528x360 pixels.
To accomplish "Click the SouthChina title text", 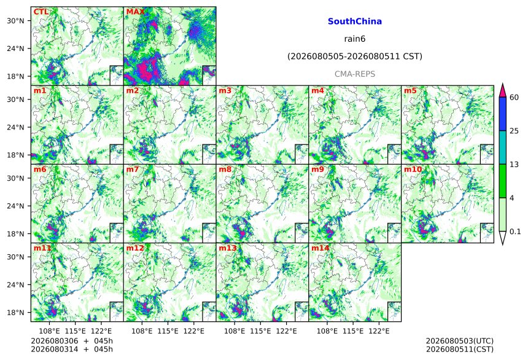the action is (355, 22).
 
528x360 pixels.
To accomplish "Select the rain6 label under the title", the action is (355, 39).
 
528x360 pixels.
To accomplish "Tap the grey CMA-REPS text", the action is (355, 74).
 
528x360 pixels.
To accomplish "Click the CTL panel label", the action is (41, 12).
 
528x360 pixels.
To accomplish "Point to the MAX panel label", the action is (135, 12).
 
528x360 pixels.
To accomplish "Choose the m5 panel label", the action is (410, 91).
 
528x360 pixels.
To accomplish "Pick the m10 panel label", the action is (413, 169).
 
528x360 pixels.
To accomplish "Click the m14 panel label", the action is (320, 248).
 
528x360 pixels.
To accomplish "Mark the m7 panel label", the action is (133, 169).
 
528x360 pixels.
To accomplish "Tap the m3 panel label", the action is (225, 91).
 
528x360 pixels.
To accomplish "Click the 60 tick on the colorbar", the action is (514, 98).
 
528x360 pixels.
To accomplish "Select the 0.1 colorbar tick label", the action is (515, 232).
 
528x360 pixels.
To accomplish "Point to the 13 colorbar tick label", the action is (514, 165).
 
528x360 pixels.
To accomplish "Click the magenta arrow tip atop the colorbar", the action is (503, 84).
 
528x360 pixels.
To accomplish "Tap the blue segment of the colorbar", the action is (503, 114).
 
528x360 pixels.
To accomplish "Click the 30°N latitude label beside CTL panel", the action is (15, 21).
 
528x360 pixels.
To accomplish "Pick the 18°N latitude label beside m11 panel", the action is (15, 313).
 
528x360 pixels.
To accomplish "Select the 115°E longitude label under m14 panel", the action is (353, 331).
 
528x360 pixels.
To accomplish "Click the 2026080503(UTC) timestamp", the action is (460, 341).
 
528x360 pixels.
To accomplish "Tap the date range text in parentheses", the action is (355, 57).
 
